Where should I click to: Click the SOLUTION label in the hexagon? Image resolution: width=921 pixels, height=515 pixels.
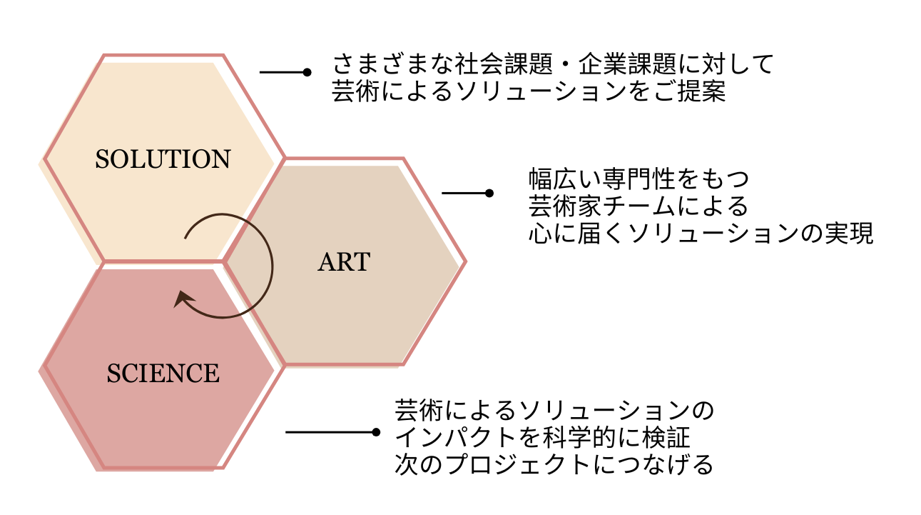(163, 159)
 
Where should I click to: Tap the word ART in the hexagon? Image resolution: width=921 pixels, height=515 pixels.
(344, 262)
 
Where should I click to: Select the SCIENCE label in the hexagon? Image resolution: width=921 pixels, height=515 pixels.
(163, 373)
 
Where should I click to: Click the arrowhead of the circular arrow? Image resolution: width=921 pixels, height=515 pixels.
(180, 299)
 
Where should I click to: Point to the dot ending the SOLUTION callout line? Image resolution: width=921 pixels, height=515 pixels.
(307, 72)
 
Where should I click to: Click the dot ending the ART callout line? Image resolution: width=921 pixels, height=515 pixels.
(489, 193)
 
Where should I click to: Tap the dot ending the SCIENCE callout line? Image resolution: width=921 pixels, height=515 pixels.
(376, 432)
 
